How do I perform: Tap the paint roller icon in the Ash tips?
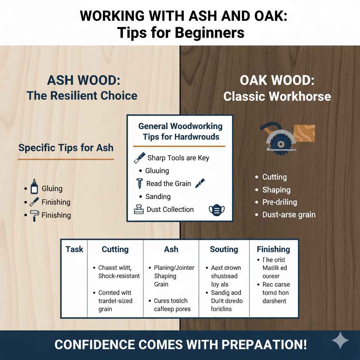pos(34,215)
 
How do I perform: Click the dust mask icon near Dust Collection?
pos(217,210)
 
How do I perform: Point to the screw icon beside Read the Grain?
pos(139,184)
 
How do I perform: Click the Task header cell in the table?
pos(74,250)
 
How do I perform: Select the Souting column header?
pos(224,250)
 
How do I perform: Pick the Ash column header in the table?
pos(171,250)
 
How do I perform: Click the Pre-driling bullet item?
pos(279,202)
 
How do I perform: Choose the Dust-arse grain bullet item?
pos(289,215)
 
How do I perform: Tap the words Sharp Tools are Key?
pos(178,158)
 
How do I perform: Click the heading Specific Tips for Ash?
pos(66,148)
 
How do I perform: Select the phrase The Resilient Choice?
pos(82,95)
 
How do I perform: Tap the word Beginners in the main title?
pos(206,32)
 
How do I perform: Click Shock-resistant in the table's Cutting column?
pos(119,276)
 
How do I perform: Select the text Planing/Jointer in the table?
pos(174,268)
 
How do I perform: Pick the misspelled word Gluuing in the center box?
pos(157,171)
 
